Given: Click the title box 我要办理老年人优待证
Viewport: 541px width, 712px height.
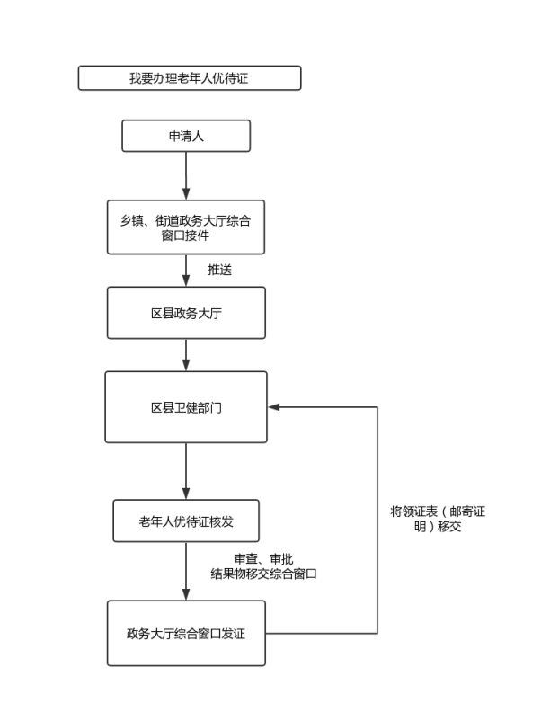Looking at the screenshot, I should point(189,78).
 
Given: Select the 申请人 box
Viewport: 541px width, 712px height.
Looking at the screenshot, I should point(186,136).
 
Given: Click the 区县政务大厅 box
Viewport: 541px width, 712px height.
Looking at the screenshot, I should point(186,313).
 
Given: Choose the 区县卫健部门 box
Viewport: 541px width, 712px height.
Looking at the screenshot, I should point(186,407).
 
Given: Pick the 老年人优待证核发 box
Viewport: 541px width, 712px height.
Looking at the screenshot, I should point(186,521).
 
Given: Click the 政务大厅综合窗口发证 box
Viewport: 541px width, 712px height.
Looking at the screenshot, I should point(186,633).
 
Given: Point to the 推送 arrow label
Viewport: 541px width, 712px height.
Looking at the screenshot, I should point(222,269).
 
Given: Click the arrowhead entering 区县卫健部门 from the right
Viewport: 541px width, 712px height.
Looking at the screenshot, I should point(273,407).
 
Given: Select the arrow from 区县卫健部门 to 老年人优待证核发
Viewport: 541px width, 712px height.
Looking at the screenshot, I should point(186,470).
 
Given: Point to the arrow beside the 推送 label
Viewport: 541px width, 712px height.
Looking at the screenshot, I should point(186,270).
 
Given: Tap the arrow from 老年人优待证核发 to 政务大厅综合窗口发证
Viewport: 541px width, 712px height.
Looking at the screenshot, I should point(186,571).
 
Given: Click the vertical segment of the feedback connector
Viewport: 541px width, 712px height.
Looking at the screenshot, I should point(377,521).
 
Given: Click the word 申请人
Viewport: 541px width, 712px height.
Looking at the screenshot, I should point(186,136).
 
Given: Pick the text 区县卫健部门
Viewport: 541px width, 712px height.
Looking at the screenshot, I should point(186,407).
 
